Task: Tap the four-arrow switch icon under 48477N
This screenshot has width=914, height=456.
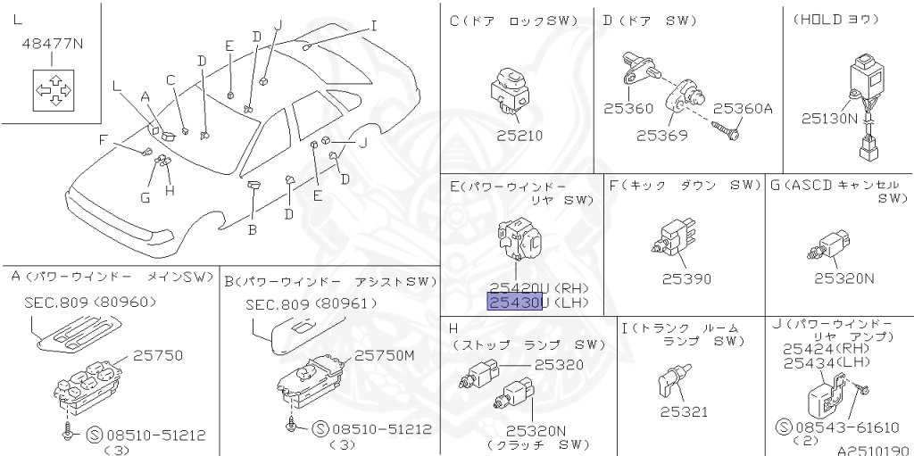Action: point(52,91)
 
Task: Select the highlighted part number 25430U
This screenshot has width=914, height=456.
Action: point(515,303)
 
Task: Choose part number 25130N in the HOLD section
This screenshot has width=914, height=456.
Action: point(828,117)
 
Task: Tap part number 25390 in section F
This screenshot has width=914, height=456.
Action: point(685,279)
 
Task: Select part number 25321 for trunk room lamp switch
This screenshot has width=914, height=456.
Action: point(683,411)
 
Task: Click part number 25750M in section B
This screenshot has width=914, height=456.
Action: point(386,354)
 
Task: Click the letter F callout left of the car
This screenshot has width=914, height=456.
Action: point(103,139)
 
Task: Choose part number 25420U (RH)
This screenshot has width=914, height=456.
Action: point(514,287)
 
